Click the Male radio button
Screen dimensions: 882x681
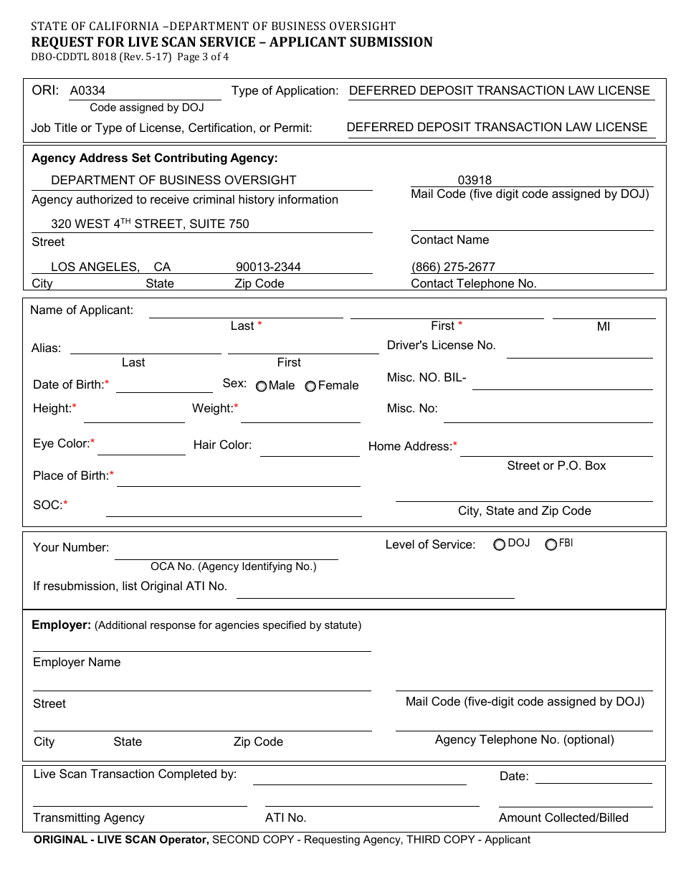[261, 387]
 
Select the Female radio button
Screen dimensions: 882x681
[310, 387]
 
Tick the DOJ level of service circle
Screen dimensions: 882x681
[499, 545]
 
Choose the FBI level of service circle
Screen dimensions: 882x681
[551, 545]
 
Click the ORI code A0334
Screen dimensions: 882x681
[87, 91]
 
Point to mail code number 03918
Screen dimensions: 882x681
[475, 181]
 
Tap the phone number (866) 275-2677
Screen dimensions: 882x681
[453, 267]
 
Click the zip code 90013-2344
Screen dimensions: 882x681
[268, 267]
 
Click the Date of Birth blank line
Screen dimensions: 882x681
[164, 387]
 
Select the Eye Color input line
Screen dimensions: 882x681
[141, 449]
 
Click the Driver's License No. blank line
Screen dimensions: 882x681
[579, 351]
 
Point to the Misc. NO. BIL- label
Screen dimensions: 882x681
[427, 378]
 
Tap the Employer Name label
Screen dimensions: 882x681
[77, 663]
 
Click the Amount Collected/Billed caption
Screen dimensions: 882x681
[563, 818]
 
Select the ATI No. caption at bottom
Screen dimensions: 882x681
[285, 818]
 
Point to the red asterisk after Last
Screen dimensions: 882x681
[259, 326]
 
